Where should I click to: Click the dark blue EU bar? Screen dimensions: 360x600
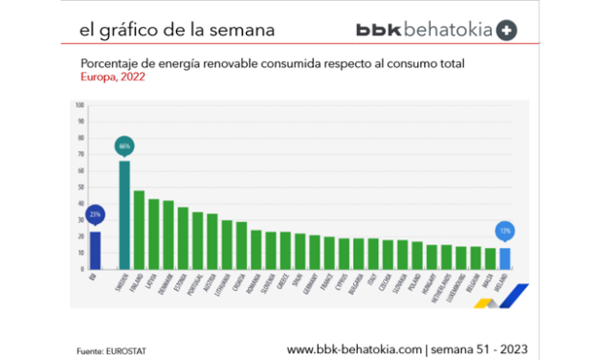[94, 251]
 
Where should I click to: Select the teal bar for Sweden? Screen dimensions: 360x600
[123, 215]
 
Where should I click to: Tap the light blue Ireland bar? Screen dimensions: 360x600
[505, 259]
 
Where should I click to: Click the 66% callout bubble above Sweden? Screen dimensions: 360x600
[123, 146]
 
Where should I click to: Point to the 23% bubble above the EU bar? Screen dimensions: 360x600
[94, 214]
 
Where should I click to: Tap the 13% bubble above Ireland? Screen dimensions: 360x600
[505, 231]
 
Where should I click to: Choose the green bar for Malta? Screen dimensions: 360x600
[490, 259]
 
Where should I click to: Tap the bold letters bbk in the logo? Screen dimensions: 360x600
[378, 30]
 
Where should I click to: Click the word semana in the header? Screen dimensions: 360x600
[245, 30]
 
